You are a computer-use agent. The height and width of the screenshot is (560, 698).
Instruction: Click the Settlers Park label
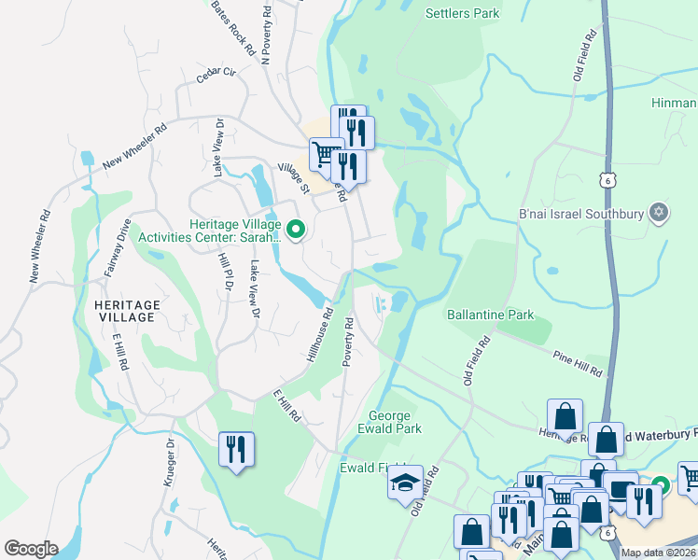(462, 13)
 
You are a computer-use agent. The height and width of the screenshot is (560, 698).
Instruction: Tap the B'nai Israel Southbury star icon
(659, 213)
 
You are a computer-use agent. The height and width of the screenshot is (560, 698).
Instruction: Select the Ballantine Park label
(490, 315)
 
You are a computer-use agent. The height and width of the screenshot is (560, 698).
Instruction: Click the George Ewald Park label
(396, 422)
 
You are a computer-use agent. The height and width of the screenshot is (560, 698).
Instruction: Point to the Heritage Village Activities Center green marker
(296, 229)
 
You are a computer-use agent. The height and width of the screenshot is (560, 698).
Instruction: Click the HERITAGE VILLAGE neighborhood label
(127, 311)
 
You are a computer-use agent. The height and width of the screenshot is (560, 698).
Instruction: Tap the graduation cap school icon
(406, 483)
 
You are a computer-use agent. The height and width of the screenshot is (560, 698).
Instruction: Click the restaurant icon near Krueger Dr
(235, 450)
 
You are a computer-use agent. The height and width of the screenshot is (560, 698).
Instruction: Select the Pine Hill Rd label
(578, 364)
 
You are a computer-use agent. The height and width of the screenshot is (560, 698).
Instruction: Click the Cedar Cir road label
(214, 79)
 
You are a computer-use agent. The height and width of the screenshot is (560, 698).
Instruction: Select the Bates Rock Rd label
(232, 28)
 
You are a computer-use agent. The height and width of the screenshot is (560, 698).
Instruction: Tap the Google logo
(31, 549)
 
